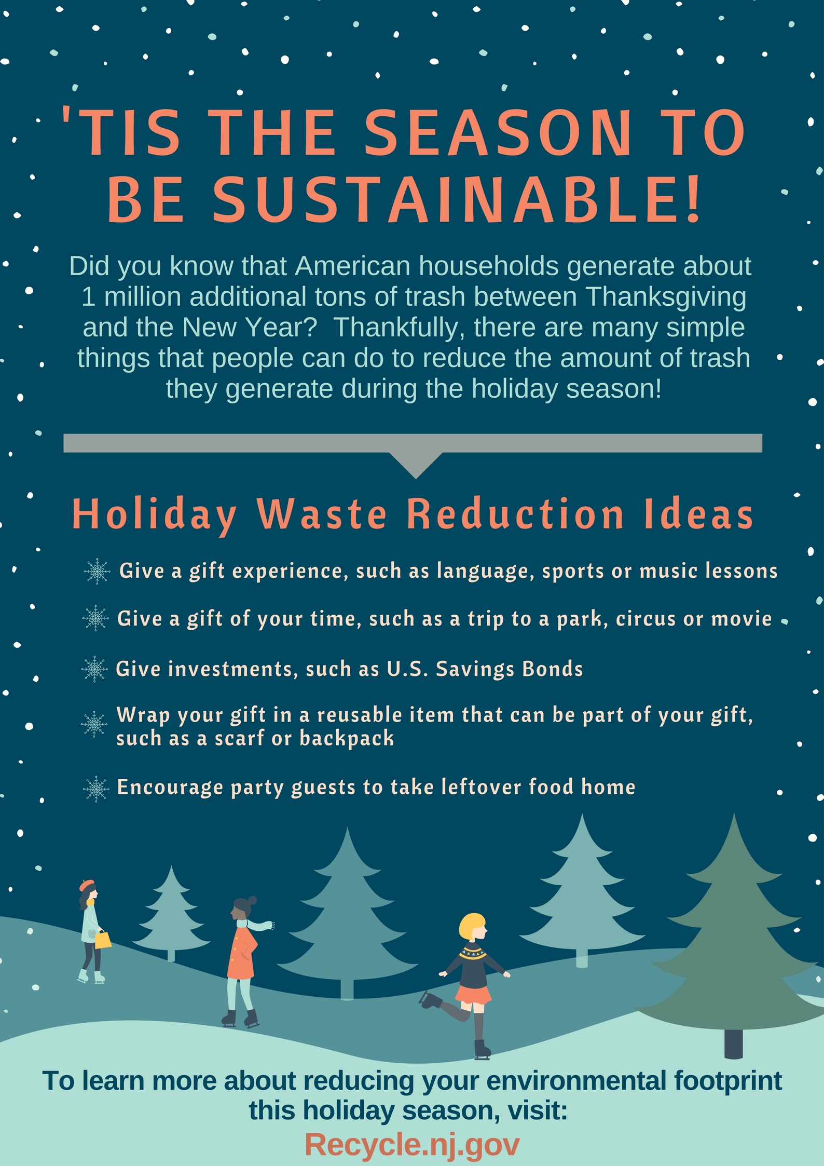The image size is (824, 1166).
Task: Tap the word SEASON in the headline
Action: coord(498,132)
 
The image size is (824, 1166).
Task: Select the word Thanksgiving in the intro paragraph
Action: coord(666,297)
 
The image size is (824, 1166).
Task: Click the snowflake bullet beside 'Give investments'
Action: coord(94,669)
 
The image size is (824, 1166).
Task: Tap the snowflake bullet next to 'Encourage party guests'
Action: coord(97,789)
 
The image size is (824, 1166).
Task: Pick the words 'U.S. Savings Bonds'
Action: coord(485,669)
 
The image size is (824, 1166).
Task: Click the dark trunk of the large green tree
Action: coord(733,1043)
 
